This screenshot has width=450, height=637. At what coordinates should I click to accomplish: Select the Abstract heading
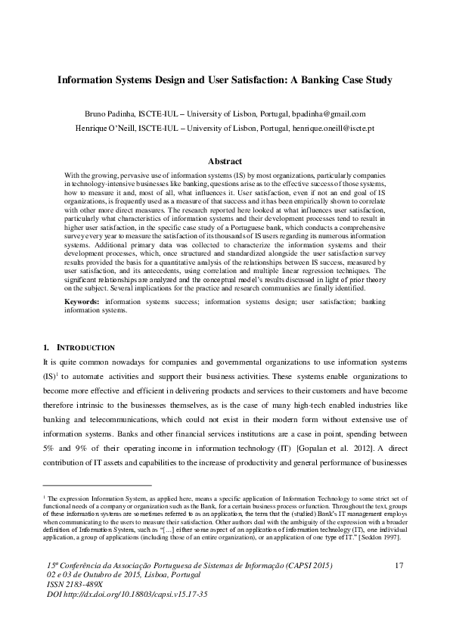coord(225,161)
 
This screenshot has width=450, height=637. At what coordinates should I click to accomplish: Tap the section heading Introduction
coord(84,347)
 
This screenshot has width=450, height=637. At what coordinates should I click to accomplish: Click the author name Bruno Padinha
coord(105,113)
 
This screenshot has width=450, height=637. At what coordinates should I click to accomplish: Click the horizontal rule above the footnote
coord(98,485)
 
